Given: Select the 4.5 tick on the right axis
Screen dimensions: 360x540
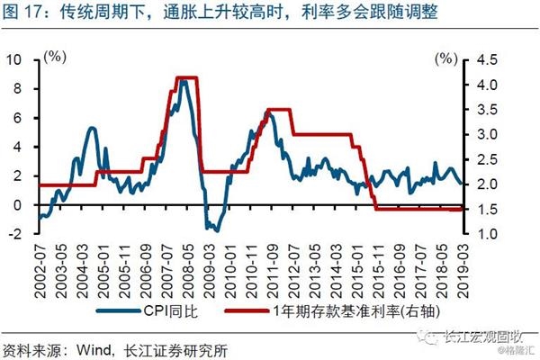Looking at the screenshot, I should [485, 59].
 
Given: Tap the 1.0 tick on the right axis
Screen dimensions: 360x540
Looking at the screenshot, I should [485, 234].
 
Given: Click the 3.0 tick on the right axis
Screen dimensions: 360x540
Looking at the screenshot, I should [485, 135].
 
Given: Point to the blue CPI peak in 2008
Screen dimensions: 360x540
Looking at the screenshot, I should [184, 82].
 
